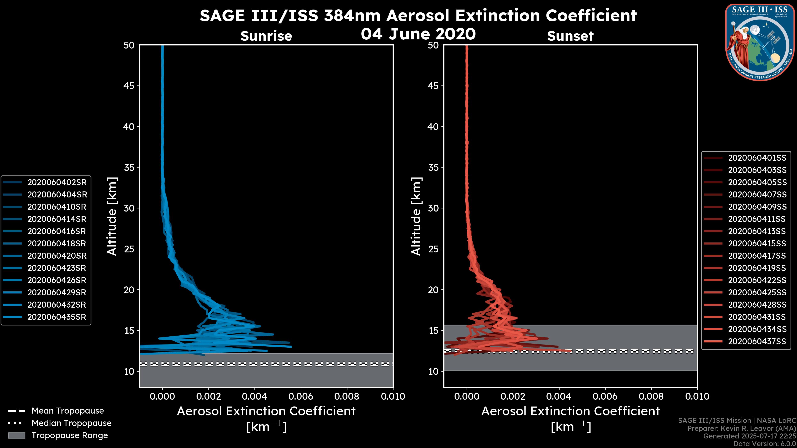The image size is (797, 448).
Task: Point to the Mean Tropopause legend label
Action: tap(68, 411)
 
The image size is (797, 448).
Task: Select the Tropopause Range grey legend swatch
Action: tap(16, 435)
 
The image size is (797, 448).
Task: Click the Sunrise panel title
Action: tap(266, 36)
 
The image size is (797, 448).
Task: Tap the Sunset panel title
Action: tap(570, 36)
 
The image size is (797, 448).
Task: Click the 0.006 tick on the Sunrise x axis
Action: tap(301, 396)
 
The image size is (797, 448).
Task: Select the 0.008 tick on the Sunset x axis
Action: tap(651, 396)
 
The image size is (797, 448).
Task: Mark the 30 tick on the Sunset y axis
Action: tap(433, 208)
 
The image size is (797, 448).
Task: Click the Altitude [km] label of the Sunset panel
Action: tap(416, 216)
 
